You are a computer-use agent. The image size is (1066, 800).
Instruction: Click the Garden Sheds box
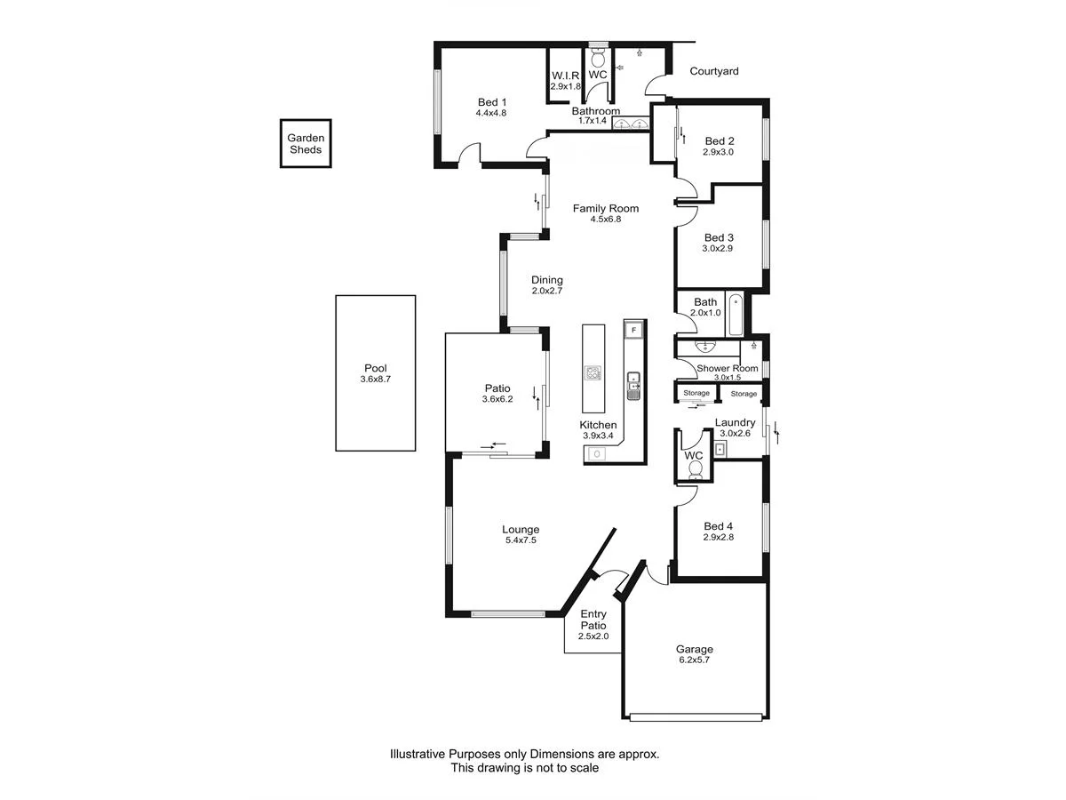[306, 143]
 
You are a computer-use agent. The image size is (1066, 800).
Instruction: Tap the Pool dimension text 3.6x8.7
[375, 380]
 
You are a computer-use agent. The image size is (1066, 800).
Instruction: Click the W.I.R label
[565, 75]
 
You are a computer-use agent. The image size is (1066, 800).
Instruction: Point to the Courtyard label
[715, 71]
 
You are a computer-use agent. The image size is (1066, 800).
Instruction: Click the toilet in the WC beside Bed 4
[695, 468]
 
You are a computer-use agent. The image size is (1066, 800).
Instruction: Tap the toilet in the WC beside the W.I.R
[598, 58]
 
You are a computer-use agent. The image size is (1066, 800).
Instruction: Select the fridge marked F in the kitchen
[633, 330]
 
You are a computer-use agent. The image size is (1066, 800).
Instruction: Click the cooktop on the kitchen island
[593, 372]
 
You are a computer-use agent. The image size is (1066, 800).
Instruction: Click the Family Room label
[605, 208]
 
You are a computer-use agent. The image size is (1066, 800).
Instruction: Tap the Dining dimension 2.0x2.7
[547, 291]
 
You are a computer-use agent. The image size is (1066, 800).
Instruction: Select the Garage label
[694, 649]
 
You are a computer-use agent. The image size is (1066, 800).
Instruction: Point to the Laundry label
[736, 422]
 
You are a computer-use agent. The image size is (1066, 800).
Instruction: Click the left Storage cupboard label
[696, 393]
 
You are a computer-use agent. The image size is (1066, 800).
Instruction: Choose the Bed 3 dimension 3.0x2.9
[719, 249]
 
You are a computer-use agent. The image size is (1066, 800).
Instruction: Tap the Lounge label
[521, 529]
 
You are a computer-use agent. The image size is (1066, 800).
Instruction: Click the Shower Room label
[727, 368]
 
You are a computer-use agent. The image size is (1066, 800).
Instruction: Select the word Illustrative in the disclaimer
[420, 754]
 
